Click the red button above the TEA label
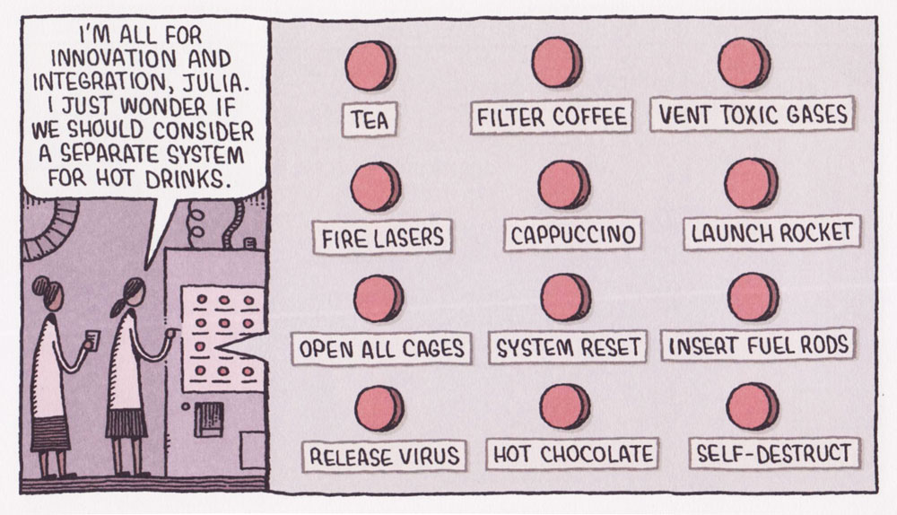(x=370, y=65)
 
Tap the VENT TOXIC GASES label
(x=751, y=116)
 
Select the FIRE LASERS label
(x=383, y=237)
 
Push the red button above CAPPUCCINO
(x=564, y=183)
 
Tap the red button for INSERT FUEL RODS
(x=753, y=297)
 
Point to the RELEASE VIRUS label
(x=384, y=455)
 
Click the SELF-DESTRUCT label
(x=774, y=453)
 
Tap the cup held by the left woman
(x=91, y=341)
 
